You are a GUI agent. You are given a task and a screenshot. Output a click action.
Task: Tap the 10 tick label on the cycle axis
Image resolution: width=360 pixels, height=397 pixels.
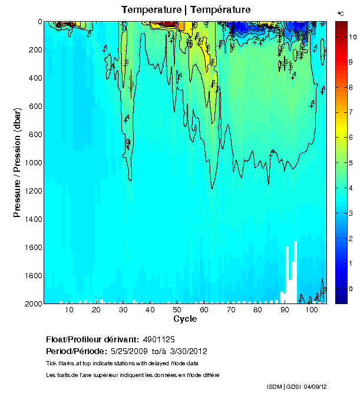(x=69, y=310)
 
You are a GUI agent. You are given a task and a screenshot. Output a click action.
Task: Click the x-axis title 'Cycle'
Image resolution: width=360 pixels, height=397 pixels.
(x=185, y=319)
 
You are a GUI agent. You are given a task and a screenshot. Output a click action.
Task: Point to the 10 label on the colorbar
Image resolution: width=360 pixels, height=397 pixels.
(x=352, y=36)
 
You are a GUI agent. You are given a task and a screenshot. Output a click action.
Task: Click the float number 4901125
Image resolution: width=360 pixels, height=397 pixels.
(x=158, y=339)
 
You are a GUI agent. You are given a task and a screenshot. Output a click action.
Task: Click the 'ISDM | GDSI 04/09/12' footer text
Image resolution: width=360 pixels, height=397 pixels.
(x=296, y=386)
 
